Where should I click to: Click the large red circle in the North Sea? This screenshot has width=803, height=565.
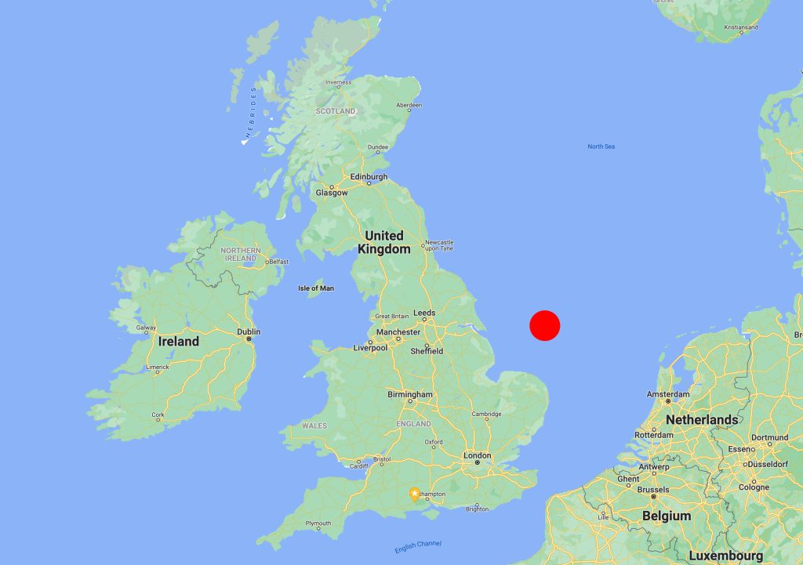(x=544, y=325)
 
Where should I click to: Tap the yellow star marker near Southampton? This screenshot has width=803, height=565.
(x=414, y=494)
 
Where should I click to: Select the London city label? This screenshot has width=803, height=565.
(x=477, y=455)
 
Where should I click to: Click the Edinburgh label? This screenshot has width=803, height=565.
(x=369, y=177)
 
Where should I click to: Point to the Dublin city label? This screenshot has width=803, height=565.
(x=249, y=331)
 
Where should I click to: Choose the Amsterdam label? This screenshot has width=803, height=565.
(x=667, y=394)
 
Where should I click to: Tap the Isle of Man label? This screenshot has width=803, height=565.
(x=316, y=288)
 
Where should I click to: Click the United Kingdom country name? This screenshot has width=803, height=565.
(x=384, y=242)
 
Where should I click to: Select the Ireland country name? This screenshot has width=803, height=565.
(x=179, y=342)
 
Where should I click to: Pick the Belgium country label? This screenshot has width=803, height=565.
(x=667, y=516)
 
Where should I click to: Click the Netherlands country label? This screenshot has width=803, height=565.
(x=702, y=420)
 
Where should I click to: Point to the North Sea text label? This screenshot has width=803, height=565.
(x=601, y=147)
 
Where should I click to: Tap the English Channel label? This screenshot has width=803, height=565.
(x=418, y=545)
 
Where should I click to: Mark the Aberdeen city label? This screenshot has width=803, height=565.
(x=409, y=105)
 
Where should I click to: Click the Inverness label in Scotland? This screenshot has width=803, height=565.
(x=339, y=82)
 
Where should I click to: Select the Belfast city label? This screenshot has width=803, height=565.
(x=278, y=262)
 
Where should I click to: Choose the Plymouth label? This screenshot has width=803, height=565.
(x=318, y=523)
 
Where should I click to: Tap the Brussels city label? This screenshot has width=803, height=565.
(x=653, y=490)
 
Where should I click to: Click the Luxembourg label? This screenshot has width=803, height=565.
(x=725, y=556)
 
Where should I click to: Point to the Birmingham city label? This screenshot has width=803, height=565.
(x=409, y=394)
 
